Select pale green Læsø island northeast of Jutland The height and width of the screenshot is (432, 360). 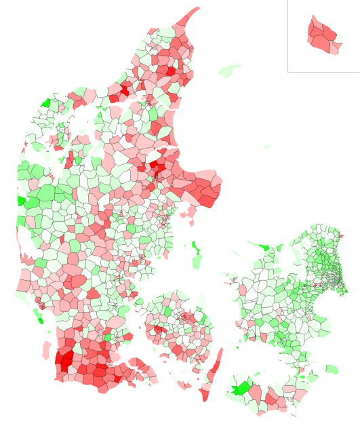pos(230,70)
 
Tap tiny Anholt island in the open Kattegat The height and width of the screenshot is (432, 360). pos(268,145)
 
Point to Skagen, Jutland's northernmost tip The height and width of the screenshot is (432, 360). pos(196,12)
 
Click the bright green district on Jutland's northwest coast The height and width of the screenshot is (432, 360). pos(45,103)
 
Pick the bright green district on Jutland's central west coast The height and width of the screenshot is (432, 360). pos(21,201)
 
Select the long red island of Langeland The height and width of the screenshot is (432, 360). pos(214,370)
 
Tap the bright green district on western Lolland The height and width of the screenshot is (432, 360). pos(239,389)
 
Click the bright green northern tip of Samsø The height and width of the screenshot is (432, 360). pos(195,245)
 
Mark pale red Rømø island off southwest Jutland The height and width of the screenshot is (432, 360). pos(46,350)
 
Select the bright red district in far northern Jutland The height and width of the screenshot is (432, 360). pos(169,70)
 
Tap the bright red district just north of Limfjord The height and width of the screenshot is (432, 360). pos(125,89)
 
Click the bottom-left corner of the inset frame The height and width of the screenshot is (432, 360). pos(287,71)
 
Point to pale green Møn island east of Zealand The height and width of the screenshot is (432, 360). pos(330,370)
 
